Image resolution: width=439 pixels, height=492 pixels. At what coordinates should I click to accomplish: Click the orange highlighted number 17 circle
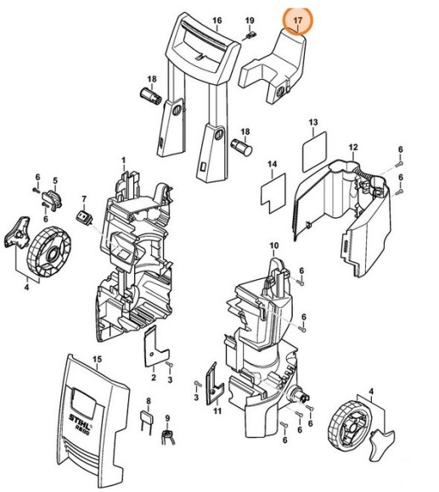(x=297, y=20)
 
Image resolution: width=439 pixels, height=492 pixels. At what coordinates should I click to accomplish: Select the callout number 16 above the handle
(x=217, y=20)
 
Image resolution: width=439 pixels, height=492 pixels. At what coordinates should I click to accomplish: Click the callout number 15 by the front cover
(x=97, y=359)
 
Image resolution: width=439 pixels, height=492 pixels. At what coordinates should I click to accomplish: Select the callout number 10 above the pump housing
(x=273, y=246)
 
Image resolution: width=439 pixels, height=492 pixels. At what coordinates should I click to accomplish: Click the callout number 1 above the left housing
(x=123, y=159)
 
